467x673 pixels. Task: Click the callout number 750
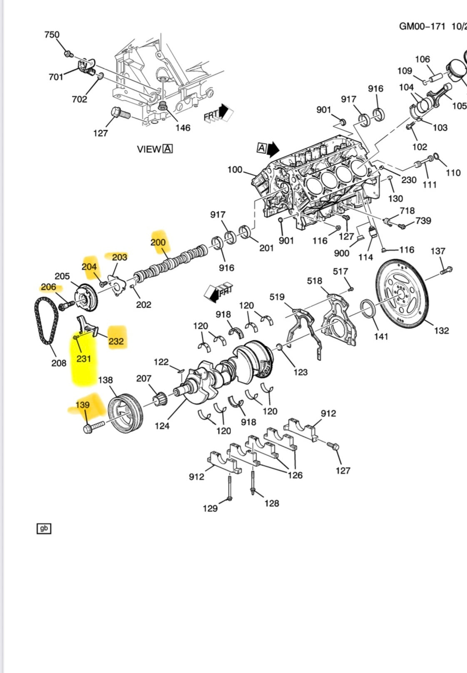[x=52, y=35]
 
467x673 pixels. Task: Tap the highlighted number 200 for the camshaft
[x=158, y=242]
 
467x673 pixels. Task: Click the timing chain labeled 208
[x=46, y=320]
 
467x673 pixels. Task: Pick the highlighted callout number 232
[x=116, y=341]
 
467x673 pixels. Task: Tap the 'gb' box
[x=44, y=529]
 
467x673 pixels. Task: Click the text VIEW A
[x=154, y=149]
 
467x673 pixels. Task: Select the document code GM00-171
[x=422, y=27]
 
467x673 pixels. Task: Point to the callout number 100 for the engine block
[x=235, y=169]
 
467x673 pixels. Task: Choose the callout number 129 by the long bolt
[x=210, y=508]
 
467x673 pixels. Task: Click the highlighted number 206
[x=49, y=287]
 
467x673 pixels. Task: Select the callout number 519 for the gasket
[x=277, y=297]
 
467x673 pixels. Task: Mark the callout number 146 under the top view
[x=183, y=128]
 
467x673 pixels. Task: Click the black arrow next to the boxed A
[x=273, y=149]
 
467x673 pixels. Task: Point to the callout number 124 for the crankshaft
[x=162, y=425]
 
